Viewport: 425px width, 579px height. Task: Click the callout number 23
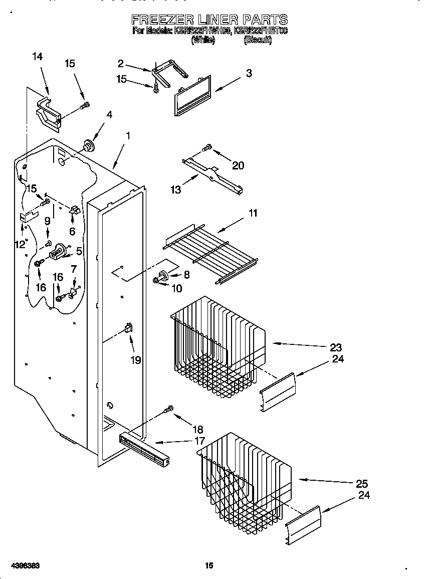[336, 347]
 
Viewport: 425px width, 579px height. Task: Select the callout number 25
[361, 483]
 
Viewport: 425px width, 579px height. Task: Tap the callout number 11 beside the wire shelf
[253, 213]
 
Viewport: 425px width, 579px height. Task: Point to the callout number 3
[249, 73]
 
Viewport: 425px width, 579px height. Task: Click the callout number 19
[136, 359]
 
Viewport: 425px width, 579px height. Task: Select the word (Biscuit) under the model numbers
[257, 41]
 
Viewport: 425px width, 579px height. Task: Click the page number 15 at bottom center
[209, 565]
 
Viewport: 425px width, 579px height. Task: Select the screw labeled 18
[169, 410]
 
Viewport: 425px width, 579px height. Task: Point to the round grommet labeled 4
[89, 145]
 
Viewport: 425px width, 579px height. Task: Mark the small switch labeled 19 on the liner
[128, 328]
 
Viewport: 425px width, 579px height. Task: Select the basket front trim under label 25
[303, 525]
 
